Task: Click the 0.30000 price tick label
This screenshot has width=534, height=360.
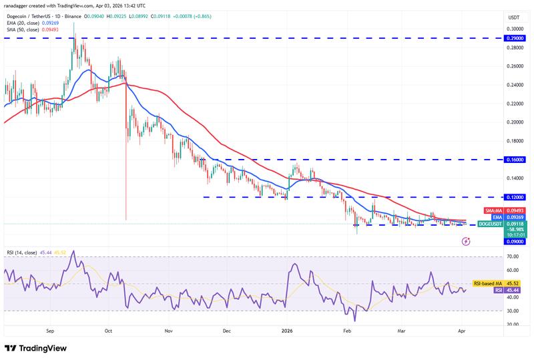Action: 514,29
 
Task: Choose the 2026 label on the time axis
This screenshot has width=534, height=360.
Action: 288,330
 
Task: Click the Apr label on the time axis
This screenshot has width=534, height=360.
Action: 462,330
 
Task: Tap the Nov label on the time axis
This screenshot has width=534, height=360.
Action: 168,330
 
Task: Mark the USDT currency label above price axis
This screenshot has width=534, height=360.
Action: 513,17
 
